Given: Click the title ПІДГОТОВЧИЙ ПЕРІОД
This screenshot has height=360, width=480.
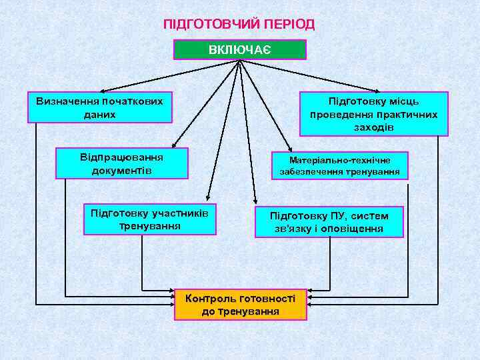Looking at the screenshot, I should point(239,25).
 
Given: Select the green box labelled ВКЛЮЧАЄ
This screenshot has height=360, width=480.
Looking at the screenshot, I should point(239,50).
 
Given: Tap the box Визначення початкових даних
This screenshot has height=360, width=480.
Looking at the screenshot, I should point(99,107).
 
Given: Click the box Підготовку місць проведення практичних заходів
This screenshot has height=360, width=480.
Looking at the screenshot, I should point(373,114).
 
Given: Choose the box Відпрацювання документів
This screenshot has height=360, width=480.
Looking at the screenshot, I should point(121,164).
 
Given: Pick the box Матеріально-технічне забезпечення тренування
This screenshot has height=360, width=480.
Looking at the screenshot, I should point(339,166).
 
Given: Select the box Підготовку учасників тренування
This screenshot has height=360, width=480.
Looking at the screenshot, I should point(149,219).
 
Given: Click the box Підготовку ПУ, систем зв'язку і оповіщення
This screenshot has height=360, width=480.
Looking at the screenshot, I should point(329,222).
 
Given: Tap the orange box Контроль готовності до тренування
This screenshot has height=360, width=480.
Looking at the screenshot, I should point(240,304).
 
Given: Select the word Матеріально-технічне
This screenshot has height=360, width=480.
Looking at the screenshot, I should point(340,160).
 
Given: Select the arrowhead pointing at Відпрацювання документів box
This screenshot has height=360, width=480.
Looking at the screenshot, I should point(172,145).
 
